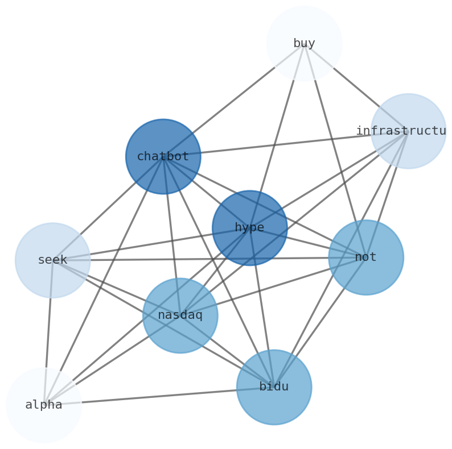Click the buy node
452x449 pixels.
[x=304, y=43]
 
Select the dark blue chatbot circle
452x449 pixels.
[x=163, y=156]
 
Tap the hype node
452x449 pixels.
[x=249, y=228]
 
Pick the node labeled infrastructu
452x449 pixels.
[x=408, y=131]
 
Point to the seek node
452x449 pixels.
[x=52, y=260]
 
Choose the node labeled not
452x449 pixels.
[x=365, y=257]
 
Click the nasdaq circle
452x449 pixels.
[x=180, y=315]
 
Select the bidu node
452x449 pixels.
[x=274, y=387]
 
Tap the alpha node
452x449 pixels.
[x=44, y=405]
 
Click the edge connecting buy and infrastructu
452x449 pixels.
[x=356, y=87]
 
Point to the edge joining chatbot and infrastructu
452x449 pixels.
[x=285, y=144]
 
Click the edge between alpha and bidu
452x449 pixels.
[x=159, y=396]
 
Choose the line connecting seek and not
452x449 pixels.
[x=142, y=260]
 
